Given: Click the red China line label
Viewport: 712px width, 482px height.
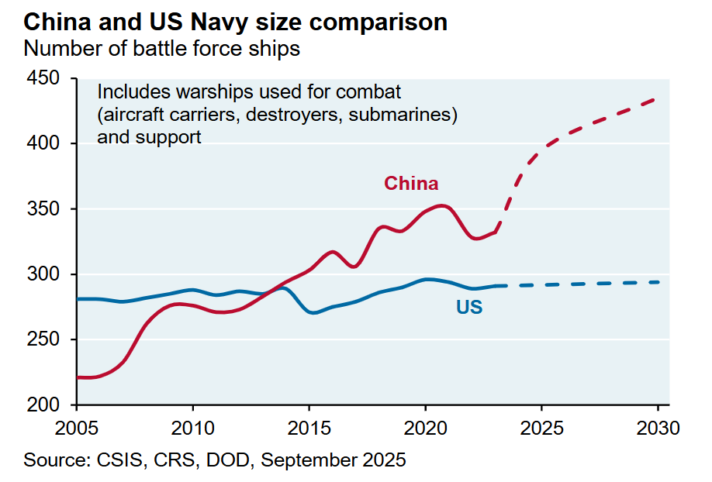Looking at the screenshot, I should [411, 184].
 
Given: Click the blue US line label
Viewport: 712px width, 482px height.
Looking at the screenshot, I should [469, 308].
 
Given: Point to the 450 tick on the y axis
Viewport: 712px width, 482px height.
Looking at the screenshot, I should [43, 78].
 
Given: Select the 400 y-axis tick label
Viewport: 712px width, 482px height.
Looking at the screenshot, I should [43, 144].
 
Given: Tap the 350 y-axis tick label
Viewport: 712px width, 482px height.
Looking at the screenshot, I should [43, 209].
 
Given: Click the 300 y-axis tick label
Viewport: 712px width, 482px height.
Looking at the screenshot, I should [43, 274].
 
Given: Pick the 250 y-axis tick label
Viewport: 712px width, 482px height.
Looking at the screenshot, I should [43, 340].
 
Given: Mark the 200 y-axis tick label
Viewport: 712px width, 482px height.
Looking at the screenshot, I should [43, 405].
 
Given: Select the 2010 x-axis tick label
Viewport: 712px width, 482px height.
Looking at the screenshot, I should [192, 428].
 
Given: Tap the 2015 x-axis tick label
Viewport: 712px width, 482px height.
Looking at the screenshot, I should [309, 428].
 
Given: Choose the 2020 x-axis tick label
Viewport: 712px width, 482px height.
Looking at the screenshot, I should [425, 428].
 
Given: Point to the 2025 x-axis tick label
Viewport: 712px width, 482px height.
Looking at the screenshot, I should [541, 428].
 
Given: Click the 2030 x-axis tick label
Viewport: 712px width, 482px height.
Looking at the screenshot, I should [658, 428].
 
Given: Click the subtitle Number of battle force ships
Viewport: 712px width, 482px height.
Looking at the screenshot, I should [161, 48].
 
